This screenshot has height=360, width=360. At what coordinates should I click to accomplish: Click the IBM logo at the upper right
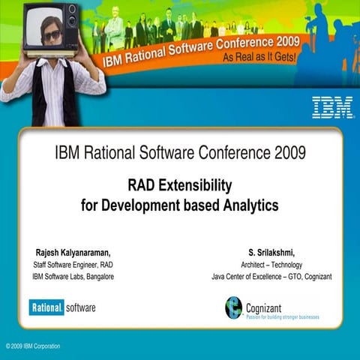(332, 106)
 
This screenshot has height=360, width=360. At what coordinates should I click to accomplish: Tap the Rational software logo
(62, 307)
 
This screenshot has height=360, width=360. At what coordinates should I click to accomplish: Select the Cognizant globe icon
(234, 307)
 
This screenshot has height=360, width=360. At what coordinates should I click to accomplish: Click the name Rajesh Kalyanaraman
(73, 252)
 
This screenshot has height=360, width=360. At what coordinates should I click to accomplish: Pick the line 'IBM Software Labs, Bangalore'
(73, 277)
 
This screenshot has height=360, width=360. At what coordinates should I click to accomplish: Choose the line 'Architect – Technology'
(271, 265)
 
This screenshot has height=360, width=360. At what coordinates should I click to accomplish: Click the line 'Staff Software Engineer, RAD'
(73, 265)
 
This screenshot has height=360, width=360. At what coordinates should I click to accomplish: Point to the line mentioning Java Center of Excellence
(271, 277)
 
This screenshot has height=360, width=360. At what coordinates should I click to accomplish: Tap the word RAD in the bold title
(142, 185)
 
